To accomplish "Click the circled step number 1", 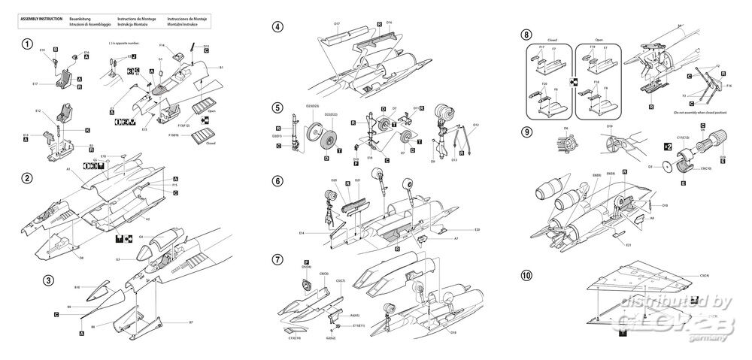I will [x=27, y=43].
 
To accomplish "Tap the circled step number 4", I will [x=278, y=27].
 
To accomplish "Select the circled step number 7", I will [x=278, y=259].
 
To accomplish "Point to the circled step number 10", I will [x=526, y=275].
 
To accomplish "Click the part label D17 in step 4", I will [x=337, y=24].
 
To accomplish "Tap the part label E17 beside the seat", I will [x=35, y=83].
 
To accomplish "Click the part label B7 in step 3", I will [x=191, y=322].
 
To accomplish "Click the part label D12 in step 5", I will [x=475, y=125].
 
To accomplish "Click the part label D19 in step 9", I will [x=609, y=126].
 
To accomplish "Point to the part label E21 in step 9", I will [x=629, y=244].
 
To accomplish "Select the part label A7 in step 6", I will [x=456, y=238].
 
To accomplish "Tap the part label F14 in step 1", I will [x=162, y=46].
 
